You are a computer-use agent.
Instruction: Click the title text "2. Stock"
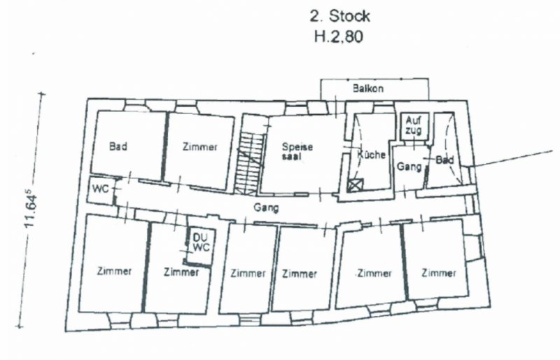(339, 16)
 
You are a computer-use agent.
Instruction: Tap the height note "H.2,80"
(339, 36)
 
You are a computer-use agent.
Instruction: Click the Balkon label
(367, 90)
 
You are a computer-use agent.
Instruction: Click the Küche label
(372, 155)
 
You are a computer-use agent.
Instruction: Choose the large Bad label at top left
(118, 147)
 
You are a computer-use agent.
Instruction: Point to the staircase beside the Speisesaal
(248, 155)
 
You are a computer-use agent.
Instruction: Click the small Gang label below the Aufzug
(408, 168)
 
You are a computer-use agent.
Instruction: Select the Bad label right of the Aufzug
(444, 160)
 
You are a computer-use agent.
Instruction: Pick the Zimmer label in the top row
(199, 147)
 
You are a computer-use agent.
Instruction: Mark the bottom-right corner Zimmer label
(440, 272)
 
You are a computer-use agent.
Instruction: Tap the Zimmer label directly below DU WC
(181, 272)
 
